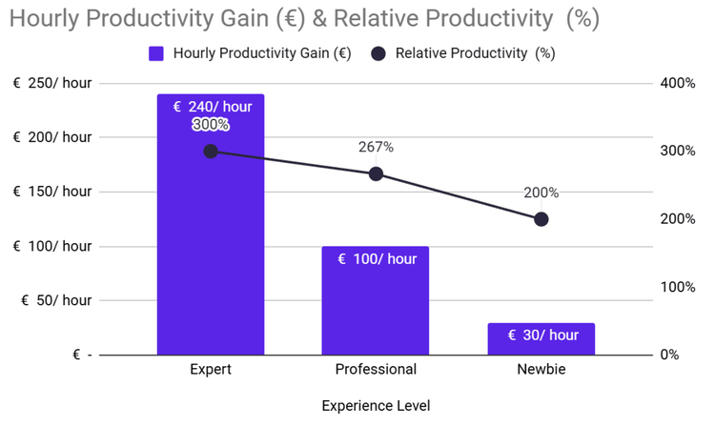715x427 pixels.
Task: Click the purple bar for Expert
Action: pyautogui.click(x=210, y=248)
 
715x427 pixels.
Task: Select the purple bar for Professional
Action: pyautogui.click(x=376, y=305)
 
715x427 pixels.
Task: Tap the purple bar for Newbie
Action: pyautogui.click(x=541, y=341)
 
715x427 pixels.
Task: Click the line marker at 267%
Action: pyautogui.click(x=376, y=173)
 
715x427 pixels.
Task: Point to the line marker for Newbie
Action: pyautogui.click(x=541, y=219)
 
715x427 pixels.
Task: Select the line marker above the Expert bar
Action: pyautogui.click(x=211, y=151)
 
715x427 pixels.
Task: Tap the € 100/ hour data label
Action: pyautogui.click(x=376, y=259)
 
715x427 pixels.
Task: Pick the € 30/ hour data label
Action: pyautogui.click(x=541, y=335)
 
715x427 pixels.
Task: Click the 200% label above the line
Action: pyautogui.click(x=541, y=193)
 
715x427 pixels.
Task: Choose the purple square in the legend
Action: pyautogui.click(x=157, y=54)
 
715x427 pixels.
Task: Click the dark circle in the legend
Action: pyautogui.click(x=378, y=54)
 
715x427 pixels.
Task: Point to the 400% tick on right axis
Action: pyautogui.click(x=678, y=84)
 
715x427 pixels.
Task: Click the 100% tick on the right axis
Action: pyautogui.click(x=678, y=287)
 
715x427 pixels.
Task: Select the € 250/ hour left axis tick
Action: pyautogui.click(x=52, y=84)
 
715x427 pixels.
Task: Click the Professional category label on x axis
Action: pyautogui.click(x=376, y=370)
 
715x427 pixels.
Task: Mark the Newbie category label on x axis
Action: pyautogui.click(x=541, y=370)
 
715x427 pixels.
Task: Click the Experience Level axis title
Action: pyautogui.click(x=376, y=406)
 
